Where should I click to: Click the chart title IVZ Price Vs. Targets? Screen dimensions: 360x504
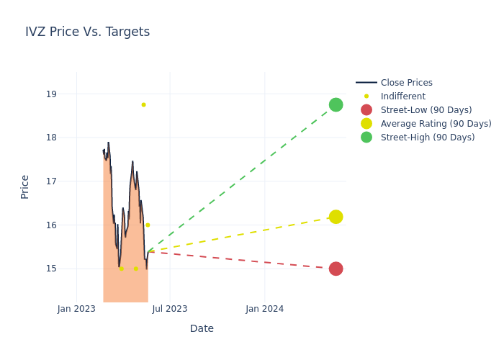click(87, 32)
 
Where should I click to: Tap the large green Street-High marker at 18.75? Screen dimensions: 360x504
click(336, 105)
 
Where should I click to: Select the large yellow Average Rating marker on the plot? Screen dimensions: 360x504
click(336, 217)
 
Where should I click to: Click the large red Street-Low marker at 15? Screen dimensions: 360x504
click(336, 269)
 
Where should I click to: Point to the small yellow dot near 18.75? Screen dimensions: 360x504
click(143, 105)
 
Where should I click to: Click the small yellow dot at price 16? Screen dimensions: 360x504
click(148, 225)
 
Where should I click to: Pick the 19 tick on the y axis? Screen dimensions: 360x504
click(51, 94)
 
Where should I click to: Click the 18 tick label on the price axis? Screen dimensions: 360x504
click(51, 138)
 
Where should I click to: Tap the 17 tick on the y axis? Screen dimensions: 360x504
click(51, 181)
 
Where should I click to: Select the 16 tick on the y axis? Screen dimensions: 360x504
click(51, 225)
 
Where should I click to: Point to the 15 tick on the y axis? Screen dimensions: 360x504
click(51, 269)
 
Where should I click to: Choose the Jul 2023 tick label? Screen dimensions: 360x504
click(170, 309)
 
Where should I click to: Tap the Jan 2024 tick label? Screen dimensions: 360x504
click(264, 309)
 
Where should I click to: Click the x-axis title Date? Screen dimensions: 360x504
click(202, 329)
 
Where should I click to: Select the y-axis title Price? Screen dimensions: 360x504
click(25, 186)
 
